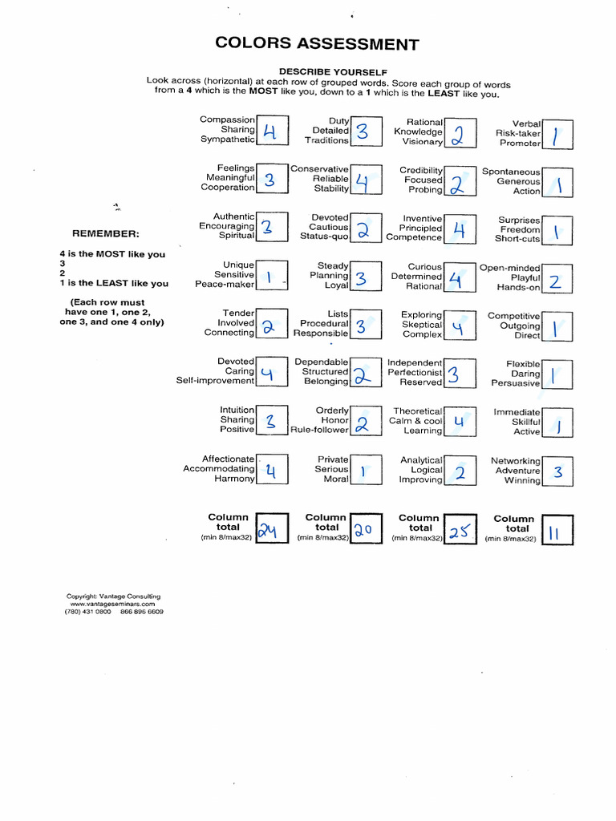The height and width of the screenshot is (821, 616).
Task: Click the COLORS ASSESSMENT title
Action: (x=317, y=44)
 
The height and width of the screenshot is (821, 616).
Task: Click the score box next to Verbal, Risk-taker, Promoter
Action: (x=557, y=135)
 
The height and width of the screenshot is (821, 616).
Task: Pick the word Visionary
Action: (x=422, y=142)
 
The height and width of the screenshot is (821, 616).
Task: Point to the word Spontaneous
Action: (x=511, y=172)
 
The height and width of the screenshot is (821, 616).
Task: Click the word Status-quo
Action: (x=324, y=237)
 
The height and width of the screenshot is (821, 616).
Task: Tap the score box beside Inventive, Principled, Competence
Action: (x=459, y=230)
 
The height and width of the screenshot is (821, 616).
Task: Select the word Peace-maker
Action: (x=225, y=285)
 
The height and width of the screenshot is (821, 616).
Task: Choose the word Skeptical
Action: (x=422, y=325)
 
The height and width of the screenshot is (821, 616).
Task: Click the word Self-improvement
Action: (x=215, y=381)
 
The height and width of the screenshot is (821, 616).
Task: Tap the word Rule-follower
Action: (x=319, y=430)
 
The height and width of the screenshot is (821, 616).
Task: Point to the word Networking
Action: (x=516, y=461)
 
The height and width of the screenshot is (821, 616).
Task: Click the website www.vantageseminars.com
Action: (x=113, y=604)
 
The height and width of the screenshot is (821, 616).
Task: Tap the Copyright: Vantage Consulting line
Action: (x=113, y=596)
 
